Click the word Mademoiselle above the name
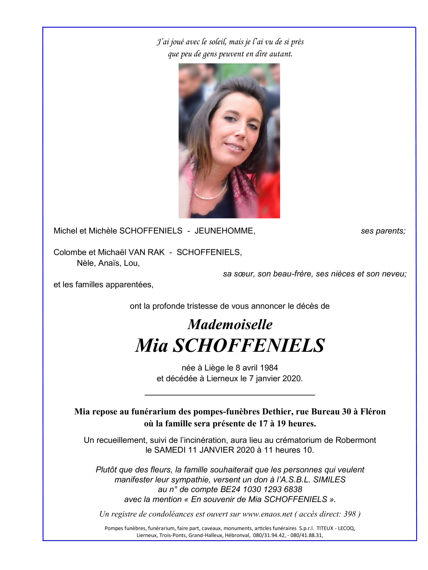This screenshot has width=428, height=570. (230, 324)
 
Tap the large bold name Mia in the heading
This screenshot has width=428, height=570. (152, 345)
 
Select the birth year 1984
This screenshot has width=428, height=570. (269, 368)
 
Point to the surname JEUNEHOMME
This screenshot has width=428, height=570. (224, 231)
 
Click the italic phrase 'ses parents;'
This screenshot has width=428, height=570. (383, 231)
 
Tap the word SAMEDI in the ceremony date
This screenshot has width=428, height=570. (170, 450)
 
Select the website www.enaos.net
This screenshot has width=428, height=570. (267, 514)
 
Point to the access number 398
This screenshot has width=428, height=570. (350, 514)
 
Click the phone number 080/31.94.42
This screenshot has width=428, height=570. (269, 535)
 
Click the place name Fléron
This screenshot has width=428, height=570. (372, 412)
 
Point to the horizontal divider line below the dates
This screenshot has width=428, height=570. (230, 395)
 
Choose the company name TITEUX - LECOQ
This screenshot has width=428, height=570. (335, 528)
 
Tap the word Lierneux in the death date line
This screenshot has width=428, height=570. (222, 379)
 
